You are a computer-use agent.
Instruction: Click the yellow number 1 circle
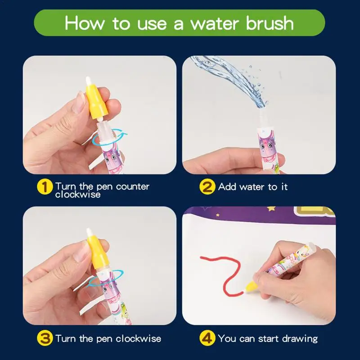point(45,187)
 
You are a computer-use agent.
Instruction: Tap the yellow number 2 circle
point(207,187)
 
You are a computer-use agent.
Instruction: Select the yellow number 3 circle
point(45,338)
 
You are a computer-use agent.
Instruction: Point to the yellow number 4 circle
point(207,338)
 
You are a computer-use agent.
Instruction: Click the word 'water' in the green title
point(214,24)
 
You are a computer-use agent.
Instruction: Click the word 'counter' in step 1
point(133,186)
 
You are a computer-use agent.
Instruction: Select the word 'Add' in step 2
point(227,187)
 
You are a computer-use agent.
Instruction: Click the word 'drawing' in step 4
point(300,339)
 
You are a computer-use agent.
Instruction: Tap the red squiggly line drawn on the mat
point(226,273)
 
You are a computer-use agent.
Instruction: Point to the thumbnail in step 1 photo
point(79,102)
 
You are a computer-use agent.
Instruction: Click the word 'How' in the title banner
point(84,23)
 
